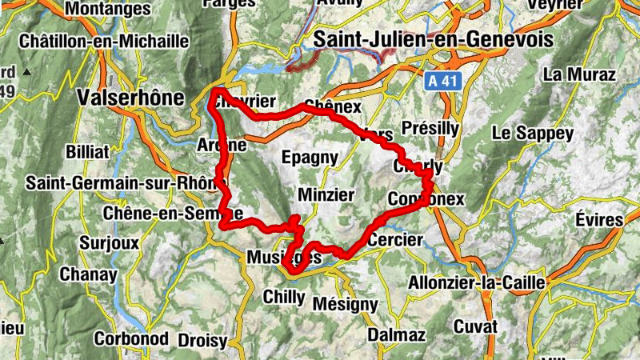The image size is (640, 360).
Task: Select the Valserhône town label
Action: click(x=131, y=97)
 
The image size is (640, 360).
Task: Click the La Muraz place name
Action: click(x=578, y=74)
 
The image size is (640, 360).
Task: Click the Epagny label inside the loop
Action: click(x=310, y=158)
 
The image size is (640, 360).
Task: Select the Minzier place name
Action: click(x=325, y=194)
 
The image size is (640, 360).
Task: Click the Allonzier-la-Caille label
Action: click(x=477, y=282)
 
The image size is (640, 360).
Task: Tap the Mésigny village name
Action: click(x=345, y=304)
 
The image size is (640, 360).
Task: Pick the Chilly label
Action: click(x=284, y=297)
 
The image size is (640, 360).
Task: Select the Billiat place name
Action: click(x=86, y=149)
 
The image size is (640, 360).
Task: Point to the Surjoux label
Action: click(x=110, y=242)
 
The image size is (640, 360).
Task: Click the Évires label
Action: click(x=598, y=220)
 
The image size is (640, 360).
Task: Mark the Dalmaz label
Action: click(x=396, y=335)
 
